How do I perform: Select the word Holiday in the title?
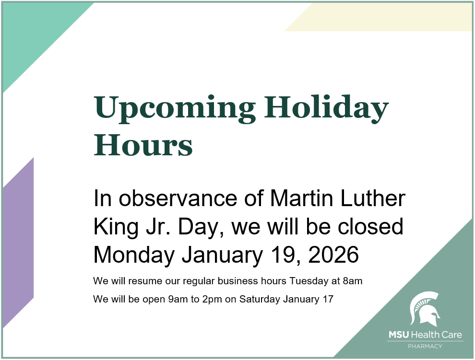(x=326, y=108)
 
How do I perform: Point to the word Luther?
(x=376, y=199)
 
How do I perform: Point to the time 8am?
(x=353, y=281)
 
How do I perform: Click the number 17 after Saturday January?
(x=328, y=300)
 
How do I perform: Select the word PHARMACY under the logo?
(x=425, y=346)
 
